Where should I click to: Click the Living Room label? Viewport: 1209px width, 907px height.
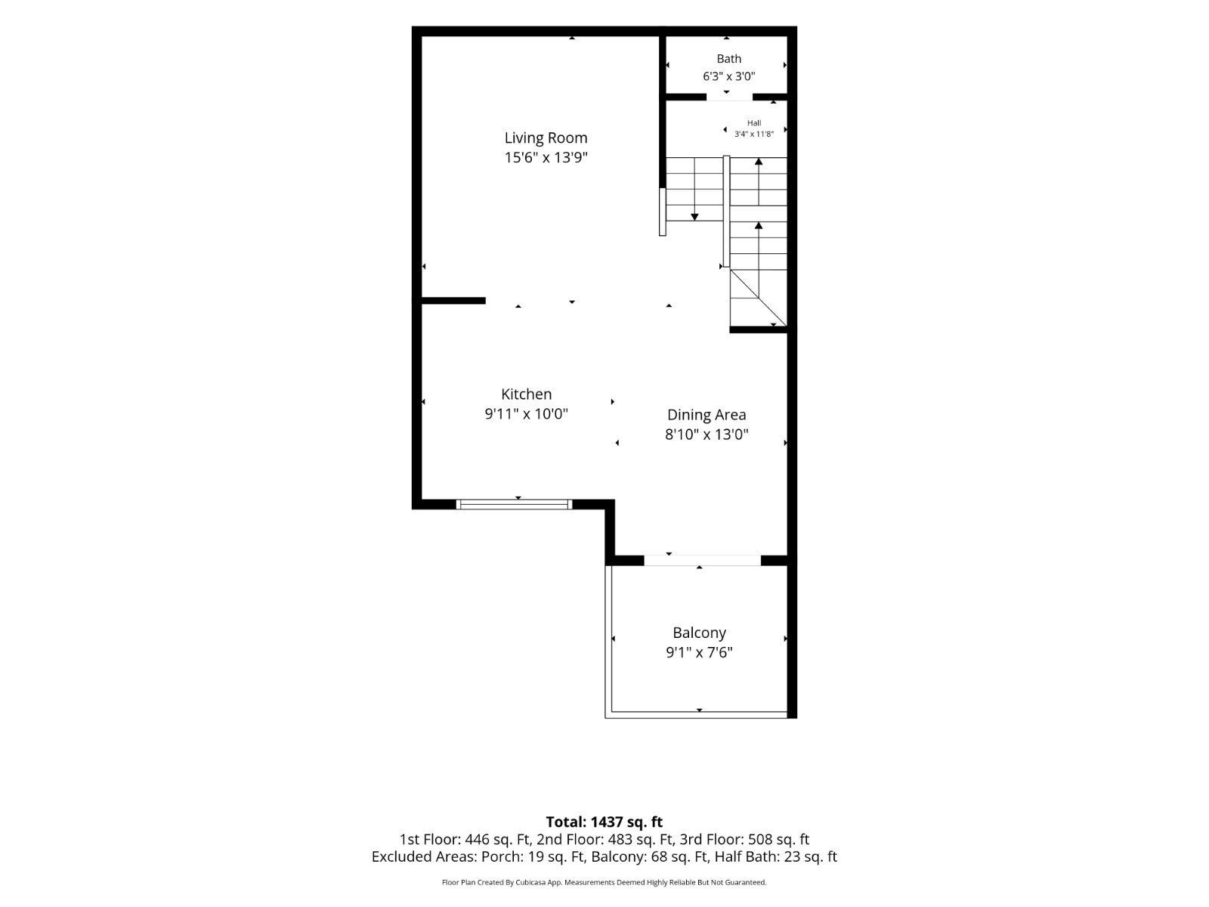tap(546, 138)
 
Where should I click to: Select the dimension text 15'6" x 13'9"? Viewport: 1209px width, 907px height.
tap(546, 157)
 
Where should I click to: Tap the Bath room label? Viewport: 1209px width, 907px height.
tap(728, 58)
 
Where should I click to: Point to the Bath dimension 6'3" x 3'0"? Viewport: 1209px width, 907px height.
tap(728, 76)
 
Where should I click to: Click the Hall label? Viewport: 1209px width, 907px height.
tap(754, 122)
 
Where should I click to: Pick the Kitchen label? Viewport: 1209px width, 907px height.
tap(526, 394)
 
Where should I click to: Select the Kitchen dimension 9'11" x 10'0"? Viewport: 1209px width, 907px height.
tap(526, 413)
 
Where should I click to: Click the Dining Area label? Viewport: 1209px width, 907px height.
tap(706, 415)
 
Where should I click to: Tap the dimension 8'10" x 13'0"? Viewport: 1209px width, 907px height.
tap(706, 435)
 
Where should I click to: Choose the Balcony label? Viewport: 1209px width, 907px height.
tap(699, 632)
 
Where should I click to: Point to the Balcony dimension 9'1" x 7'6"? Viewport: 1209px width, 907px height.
tap(699, 652)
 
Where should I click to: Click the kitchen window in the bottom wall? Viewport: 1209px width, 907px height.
tap(514, 504)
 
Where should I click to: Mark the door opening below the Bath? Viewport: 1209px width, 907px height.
tap(729, 98)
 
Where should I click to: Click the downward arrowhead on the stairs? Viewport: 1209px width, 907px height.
tap(694, 217)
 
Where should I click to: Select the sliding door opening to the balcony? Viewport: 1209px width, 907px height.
tap(702, 561)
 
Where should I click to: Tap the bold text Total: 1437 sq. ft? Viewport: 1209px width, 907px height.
tap(604, 822)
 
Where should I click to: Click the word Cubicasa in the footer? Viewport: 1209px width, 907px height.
tap(531, 882)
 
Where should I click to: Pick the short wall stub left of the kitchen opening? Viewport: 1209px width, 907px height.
tap(453, 301)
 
